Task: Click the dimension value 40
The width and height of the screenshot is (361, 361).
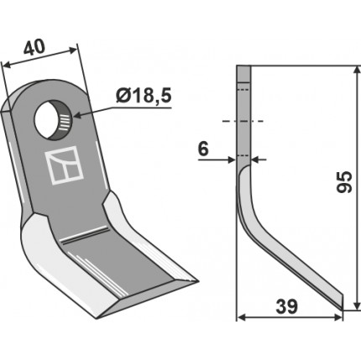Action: (34, 47)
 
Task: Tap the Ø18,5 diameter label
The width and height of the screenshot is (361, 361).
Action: (143, 97)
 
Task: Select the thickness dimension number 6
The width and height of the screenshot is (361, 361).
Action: (203, 149)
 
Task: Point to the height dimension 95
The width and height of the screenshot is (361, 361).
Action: (344, 182)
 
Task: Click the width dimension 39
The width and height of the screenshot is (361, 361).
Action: (286, 307)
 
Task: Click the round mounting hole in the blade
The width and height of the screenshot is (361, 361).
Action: (53, 119)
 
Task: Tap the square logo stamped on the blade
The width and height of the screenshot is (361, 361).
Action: (64, 165)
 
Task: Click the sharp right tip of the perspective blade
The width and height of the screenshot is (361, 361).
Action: (198, 280)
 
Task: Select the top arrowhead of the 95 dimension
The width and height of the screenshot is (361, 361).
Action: (356, 70)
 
